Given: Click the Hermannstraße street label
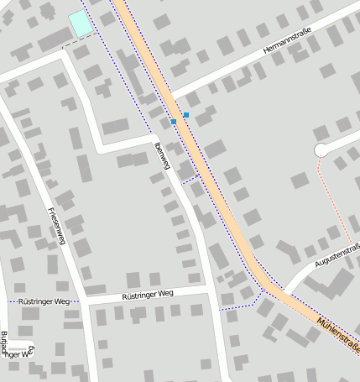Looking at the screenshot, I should (x=286, y=42).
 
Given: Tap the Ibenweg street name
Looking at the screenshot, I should (x=162, y=157).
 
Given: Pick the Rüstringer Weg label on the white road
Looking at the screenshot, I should (x=148, y=295).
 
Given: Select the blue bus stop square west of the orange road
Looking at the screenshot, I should (x=174, y=123).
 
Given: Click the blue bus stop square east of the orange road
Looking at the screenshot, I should (x=186, y=114).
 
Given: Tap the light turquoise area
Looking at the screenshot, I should (x=81, y=24).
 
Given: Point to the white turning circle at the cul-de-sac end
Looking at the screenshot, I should (x=320, y=150).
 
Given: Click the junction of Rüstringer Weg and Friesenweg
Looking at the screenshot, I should (x=86, y=300).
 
